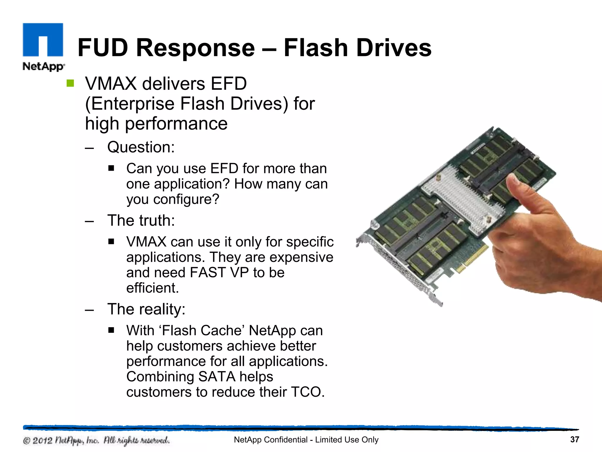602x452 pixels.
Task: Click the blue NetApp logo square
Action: pos(43,40)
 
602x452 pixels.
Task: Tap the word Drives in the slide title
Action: pos(394,48)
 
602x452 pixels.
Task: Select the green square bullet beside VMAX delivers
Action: pos(70,84)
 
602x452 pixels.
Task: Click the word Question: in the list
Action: pos(141,147)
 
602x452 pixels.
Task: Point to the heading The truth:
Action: pos(141,220)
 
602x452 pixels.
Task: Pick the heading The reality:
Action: pos(146,309)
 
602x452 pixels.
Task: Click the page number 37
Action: pos(574,440)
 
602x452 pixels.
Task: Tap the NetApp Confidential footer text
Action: pos(306,440)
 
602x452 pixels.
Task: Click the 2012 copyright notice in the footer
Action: pos(96,441)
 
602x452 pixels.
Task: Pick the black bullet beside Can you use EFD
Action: pos(111,168)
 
